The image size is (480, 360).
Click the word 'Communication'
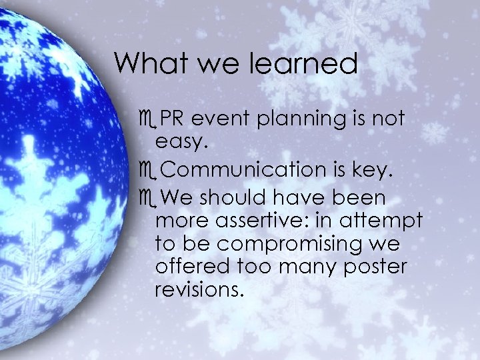[x=241, y=171]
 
